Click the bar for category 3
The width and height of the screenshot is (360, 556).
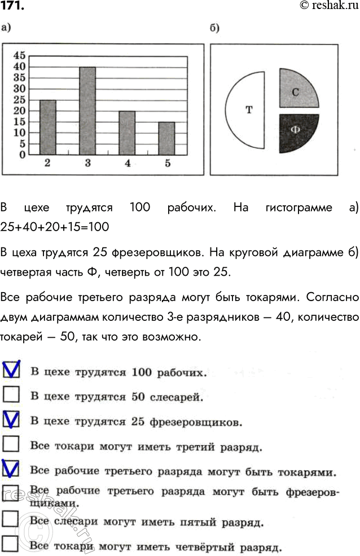tap(87, 111)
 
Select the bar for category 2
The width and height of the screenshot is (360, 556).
tap(47, 127)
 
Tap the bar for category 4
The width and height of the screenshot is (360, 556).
tap(127, 133)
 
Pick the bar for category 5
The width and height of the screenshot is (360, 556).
tap(166, 138)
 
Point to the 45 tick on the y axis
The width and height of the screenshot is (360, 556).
tap(19, 55)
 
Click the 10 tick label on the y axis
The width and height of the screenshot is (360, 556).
tap(19, 132)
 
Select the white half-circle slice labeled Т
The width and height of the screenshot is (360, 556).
tap(247, 110)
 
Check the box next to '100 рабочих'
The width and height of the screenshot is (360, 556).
tap(11, 370)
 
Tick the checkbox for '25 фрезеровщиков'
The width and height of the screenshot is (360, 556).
tap(11, 420)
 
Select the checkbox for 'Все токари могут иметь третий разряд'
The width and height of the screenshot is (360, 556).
tap(11, 445)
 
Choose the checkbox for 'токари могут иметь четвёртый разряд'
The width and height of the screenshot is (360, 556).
tap(11, 543)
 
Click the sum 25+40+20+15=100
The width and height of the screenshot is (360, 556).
tap(55, 227)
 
